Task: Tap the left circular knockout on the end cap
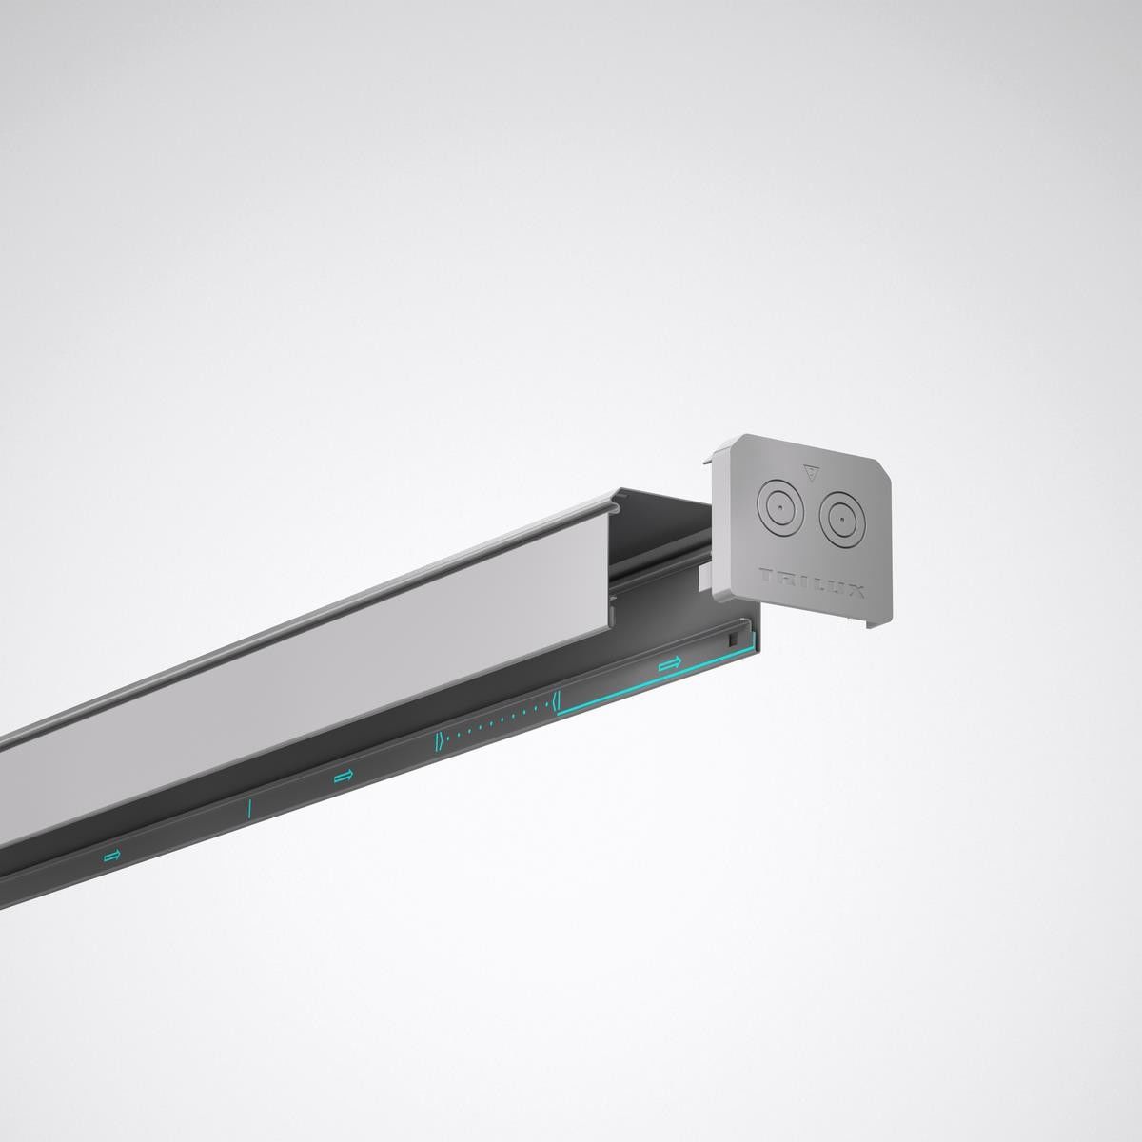[x=778, y=509]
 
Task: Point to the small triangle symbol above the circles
[x=811, y=472]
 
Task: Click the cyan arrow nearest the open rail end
[x=670, y=662]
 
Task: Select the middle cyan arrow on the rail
[x=344, y=778]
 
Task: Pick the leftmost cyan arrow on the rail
[x=112, y=856]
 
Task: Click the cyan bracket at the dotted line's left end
[x=438, y=742]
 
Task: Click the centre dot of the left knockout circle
[x=778, y=509]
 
